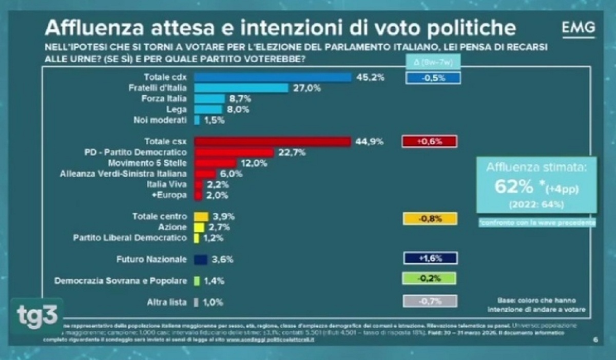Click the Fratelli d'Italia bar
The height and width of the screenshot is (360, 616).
coord(241,88)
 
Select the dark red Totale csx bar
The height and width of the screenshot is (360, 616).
coord(273,142)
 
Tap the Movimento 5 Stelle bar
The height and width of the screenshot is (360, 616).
coord(216,163)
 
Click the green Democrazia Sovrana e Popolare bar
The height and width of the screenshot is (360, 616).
coord(197,281)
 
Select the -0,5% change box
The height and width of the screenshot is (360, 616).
coord(433,78)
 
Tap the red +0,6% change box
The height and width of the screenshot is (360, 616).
coord(429,141)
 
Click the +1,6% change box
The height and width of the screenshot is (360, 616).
coord(429,258)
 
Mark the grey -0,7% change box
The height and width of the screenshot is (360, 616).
coord(429,301)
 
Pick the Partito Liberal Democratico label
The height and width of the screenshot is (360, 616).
coord(130,238)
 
